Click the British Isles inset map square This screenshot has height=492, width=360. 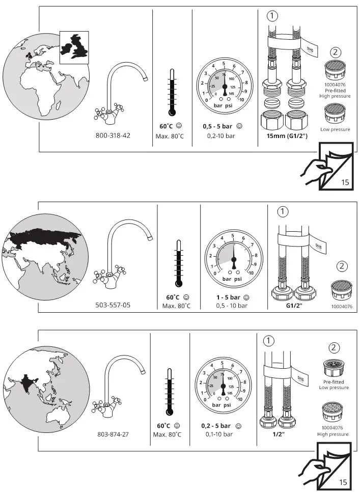tap(74, 46)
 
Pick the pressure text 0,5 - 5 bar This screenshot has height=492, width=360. tap(218, 126)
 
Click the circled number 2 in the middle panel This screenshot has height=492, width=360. tap(342, 265)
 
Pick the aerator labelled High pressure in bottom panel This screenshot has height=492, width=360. tap(335, 413)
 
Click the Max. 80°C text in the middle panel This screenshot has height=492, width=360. tap(176, 306)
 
